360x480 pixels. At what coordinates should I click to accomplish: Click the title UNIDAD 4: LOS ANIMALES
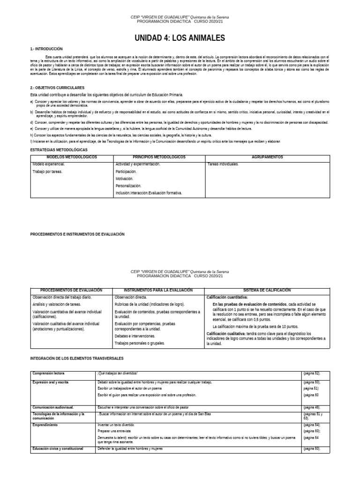click(180, 37)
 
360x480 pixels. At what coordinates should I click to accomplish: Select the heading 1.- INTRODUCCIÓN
click(46, 49)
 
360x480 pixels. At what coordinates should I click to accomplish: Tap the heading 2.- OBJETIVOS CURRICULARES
click(57, 88)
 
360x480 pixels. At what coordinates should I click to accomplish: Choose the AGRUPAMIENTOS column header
click(267, 157)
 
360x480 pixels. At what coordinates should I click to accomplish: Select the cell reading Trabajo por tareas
click(47, 172)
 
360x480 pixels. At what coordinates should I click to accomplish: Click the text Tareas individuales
click(223, 164)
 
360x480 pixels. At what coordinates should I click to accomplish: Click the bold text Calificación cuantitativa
click(227, 297)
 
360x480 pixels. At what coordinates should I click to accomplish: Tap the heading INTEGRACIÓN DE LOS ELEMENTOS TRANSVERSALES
click(76, 358)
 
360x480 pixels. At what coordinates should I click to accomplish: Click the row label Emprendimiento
click(45, 425)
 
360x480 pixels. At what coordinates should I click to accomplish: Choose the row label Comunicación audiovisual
click(53, 408)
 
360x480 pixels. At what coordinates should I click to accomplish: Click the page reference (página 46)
click(311, 408)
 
